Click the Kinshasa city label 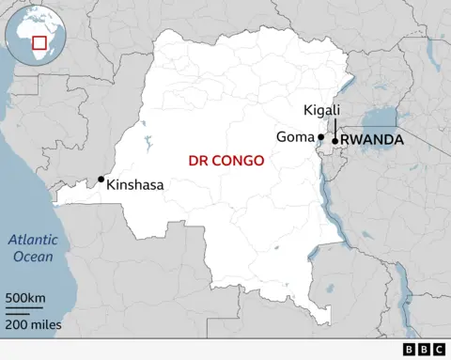point(135,185)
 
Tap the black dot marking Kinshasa point(101,179)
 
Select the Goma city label point(294,137)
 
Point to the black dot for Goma point(321,136)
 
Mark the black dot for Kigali point(335,141)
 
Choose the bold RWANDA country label point(373,140)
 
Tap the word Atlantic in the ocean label point(33,240)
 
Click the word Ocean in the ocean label point(33,255)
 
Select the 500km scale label point(25,299)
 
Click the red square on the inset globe point(39,42)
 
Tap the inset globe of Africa point(28,36)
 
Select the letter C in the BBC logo point(438,350)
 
